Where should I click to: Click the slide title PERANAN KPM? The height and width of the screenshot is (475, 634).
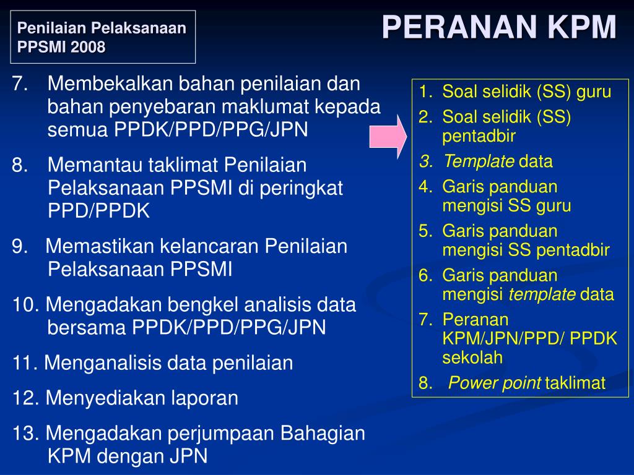(x=499, y=28)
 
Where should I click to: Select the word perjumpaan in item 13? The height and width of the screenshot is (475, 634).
(x=222, y=434)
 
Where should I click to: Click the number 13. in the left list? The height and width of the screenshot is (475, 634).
(x=26, y=434)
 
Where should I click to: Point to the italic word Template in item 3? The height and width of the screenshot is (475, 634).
(x=478, y=162)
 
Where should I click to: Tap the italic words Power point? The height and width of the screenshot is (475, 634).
(x=495, y=383)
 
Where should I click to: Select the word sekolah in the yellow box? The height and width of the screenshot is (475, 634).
(x=472, y=357)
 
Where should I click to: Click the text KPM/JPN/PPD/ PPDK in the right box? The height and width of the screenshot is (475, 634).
(x=529, y=338)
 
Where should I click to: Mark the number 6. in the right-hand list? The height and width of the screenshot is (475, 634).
(x=427, y=275)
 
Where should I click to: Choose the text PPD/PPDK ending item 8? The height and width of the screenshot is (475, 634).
(x=99, y=212)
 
